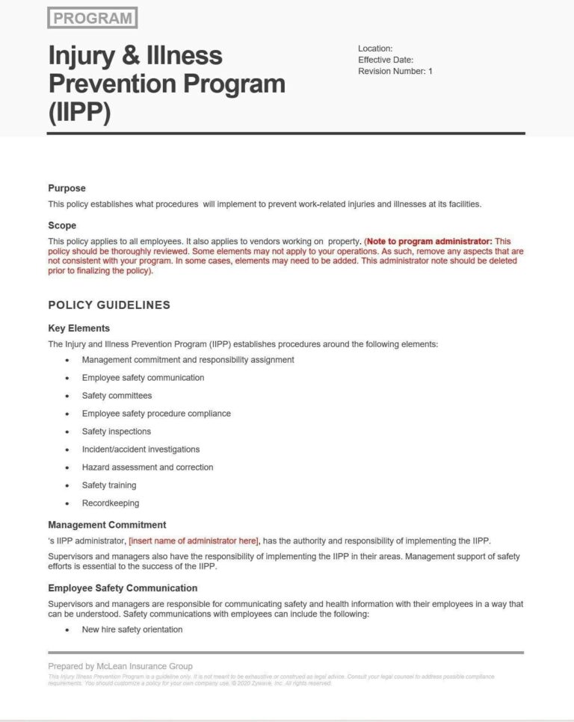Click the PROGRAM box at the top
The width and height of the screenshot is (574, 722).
click(92, 18)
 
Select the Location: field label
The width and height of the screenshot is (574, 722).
click(375, 49)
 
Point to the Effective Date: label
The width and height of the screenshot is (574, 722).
click(386, 60)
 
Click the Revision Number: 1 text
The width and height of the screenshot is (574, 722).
click(395, 71)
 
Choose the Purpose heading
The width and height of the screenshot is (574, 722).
click(67, 188)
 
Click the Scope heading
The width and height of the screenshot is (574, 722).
click(62, 225)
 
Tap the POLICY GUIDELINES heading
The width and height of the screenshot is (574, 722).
click(109, 305)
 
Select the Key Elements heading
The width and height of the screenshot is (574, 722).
click(78, 328)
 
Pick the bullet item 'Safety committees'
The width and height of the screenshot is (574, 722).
click(117, 396)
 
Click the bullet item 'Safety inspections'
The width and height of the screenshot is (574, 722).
click(117, 432)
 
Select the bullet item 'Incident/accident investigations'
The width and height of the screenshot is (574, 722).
click(141, 449)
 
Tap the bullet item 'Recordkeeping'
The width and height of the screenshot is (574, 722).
click(111, 503)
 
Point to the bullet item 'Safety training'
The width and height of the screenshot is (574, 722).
click(109, 485)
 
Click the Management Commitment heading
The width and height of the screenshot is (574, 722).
click(107, 525)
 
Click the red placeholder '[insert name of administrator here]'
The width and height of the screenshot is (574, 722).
click(194, 541)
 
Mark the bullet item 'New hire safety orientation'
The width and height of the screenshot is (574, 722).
click(132, 629)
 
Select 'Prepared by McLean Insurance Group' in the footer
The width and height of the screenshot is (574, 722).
click(120, 666)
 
